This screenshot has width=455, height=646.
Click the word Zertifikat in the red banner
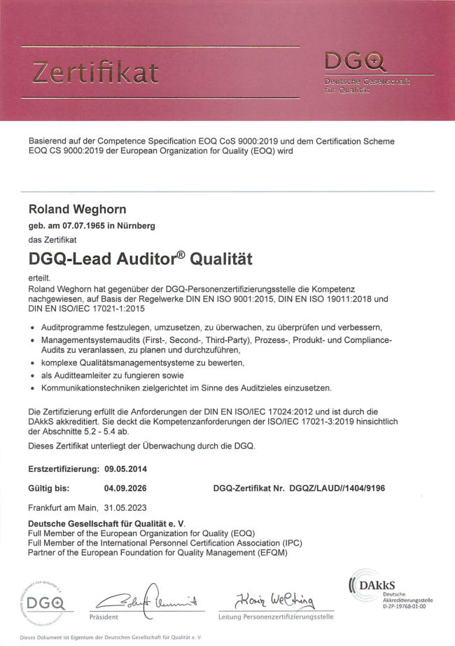click(x=97, y=72)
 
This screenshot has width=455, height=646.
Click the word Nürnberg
click(x=136, y=225)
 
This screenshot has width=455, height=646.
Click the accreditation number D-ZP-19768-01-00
click(x=407, y=605)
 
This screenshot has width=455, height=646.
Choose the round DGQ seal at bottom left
click(x=43, y=601)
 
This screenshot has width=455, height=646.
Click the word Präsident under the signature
click(x=104, y=617)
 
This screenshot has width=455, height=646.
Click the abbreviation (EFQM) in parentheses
click(x=269, y=552)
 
